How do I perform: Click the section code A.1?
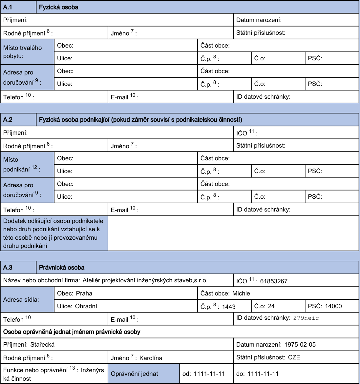coord(8,7)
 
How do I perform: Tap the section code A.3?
coord(8,268)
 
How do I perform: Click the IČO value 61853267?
coord(274,281)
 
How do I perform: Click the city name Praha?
coord(84,293)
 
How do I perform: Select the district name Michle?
coord(241,293)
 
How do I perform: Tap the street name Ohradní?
coord(86,306)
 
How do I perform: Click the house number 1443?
coord(229,307)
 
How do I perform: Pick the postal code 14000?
coord(333,306)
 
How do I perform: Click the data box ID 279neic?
coord(306,318)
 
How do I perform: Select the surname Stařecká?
coord(42,345)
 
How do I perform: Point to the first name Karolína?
coord(151,358)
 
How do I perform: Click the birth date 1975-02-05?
coord(300,345)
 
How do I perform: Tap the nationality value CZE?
coord(294,357)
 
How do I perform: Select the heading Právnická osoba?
coord(62,268)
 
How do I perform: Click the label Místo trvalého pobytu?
coord(23,52)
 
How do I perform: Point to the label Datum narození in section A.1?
coord(259,20)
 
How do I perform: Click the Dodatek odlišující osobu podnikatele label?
coord(53,233)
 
